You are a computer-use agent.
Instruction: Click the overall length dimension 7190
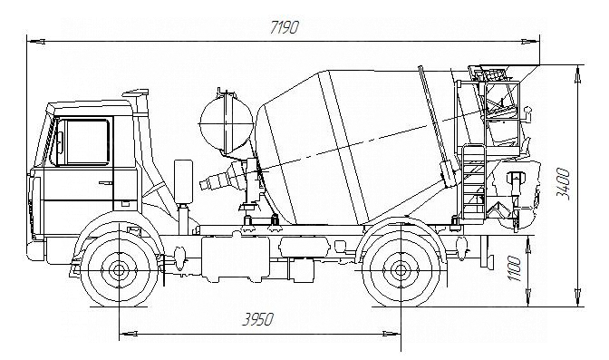coord(285,28)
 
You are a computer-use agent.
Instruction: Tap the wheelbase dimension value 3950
coord(258,320)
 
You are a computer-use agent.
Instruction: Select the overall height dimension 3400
coord(563,184)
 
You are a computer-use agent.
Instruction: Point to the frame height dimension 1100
coord(514,268)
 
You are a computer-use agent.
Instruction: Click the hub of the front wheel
coord(119,270)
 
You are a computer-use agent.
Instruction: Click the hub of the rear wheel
coord(401,270)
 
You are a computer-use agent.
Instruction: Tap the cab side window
coord(87,141)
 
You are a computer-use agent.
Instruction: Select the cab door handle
coord(105,182)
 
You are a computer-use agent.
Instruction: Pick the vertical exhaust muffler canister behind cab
coord(183,181)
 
